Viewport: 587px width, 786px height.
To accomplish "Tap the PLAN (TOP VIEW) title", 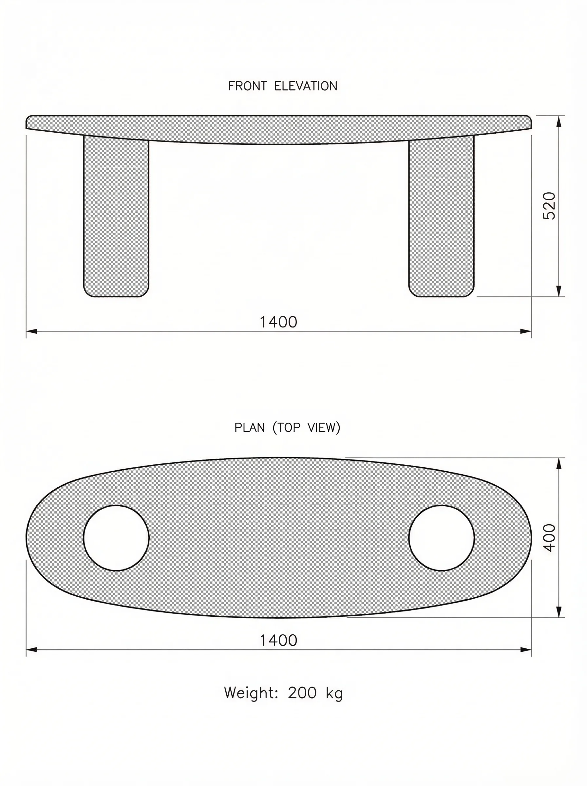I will click(287, 428).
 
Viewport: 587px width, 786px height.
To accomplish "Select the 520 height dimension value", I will click(549, 206).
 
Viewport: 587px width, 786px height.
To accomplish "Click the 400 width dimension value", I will click(549, 538).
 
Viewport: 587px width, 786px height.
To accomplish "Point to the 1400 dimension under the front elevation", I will click(278, 322).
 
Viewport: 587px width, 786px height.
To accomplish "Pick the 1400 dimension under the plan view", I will click(278, 640).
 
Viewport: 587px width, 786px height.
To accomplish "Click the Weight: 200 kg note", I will click(283, 693).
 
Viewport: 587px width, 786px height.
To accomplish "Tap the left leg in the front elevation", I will click(116, 217).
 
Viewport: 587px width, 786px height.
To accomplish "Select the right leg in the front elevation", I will click(441, 217).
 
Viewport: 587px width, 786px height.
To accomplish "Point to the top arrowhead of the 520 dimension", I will click(559, 121).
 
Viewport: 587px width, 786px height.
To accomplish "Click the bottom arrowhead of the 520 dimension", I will click(559, 291).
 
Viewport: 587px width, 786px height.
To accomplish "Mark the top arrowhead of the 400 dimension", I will click(559, 463).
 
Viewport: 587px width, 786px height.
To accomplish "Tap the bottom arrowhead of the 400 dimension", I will click(559, 612).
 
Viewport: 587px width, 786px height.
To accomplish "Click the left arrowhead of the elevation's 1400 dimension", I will click(32, 331).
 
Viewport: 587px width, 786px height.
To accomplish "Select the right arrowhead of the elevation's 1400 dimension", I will click(525, 331).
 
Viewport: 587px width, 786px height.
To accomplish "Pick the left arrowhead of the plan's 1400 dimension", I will click(32, 650).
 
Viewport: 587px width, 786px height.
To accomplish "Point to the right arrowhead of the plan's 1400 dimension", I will click(525, 650).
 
